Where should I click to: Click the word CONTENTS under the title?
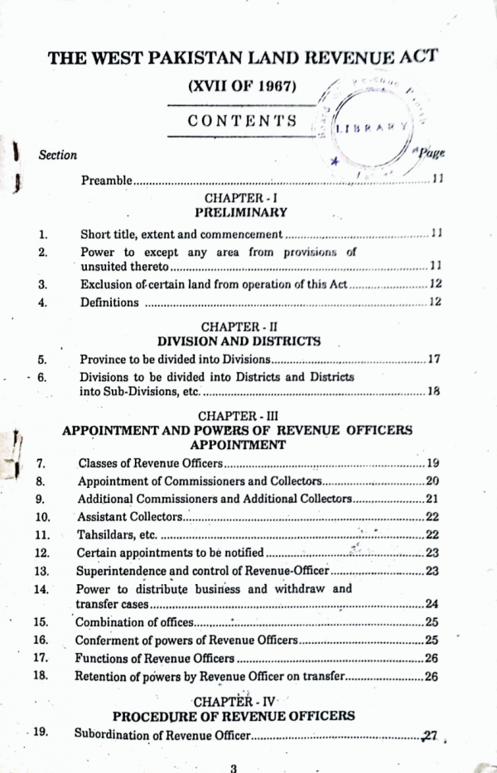click(x=242, y=121)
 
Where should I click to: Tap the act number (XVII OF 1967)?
click(x=242, y=86)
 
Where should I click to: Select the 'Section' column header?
click(x=57, y=155)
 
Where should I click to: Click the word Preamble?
click(x=106, y=180)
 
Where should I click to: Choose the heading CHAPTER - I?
click(x=240, y=199)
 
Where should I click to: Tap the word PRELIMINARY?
click(x=240, y=213)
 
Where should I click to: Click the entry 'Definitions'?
click(x=109, y=302)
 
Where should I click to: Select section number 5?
click(x=42, y=360)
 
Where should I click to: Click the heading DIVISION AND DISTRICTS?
click(x=239, y=341)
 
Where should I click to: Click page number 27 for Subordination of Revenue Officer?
click(x=428, y=735)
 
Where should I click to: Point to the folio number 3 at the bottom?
click(x=234, y=767)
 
